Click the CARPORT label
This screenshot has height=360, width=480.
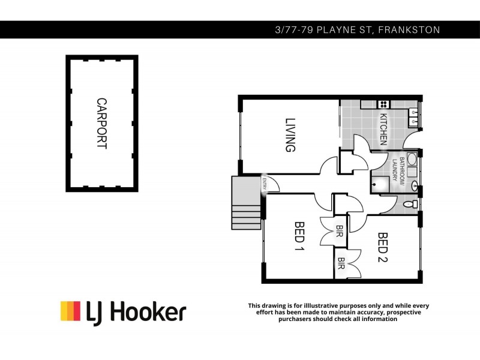tap(101, 123)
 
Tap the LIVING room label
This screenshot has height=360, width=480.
tap(290, 134)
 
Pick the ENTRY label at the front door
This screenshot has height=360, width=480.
tap(263, 184)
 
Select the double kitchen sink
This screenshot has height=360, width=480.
tap(413, 117)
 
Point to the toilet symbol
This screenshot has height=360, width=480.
tap(411, 205)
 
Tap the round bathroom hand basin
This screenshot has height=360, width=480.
tap(413, 184)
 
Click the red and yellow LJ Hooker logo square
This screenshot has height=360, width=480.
tap(70, 311)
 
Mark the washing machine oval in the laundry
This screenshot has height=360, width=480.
tap(412, 160)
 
